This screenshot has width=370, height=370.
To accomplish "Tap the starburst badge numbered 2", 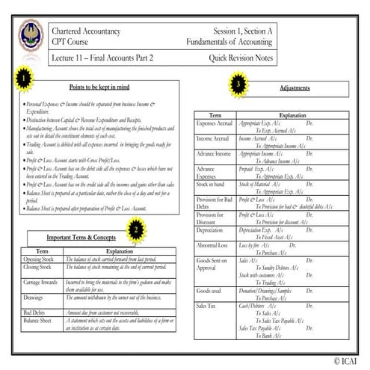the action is tap(135, 229).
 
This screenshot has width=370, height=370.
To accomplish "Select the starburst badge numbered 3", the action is tap(238, 85).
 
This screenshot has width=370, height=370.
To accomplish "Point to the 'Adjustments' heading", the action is tap(294, 87).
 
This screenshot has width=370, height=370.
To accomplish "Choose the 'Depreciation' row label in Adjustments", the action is tap(211, 231).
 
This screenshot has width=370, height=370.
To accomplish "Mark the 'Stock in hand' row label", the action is tap(212, 182).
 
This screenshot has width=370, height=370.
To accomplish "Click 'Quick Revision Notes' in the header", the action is tap(241, 58).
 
